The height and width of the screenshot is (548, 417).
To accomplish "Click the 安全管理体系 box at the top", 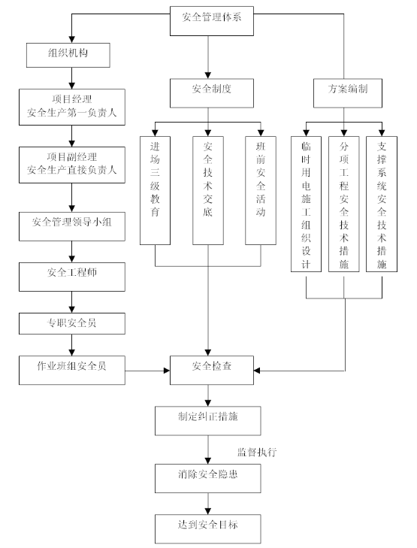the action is pos(212,21).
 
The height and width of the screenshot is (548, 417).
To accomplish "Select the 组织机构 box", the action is pos(68,55).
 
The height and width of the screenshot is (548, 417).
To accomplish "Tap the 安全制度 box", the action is pos(212,93).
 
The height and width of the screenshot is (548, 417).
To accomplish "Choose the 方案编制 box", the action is pos(348,93).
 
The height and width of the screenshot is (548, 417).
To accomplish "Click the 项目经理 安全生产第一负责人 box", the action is pos(72,107).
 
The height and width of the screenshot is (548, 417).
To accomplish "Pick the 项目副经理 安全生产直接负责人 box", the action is pos(72,165).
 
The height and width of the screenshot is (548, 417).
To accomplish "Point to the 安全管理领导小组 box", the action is pos(72,226).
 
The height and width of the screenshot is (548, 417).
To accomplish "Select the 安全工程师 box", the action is pos(72,277).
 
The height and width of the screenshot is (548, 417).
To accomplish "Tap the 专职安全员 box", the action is pos(72,324).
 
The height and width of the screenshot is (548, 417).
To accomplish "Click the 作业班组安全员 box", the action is pos(72,371).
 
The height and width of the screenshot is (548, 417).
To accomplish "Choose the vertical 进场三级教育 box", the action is pos(155,190).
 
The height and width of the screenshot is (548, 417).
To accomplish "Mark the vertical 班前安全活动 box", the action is pos(261,190).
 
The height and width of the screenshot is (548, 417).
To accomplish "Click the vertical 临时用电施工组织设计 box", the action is pos(307,204).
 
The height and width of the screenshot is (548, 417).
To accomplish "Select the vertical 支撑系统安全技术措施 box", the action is pos(382,204).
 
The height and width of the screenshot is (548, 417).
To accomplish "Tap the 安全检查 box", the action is pos(212,371).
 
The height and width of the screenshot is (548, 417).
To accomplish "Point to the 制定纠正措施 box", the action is pos(208,421).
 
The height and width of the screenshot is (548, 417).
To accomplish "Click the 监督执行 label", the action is pos(257,453).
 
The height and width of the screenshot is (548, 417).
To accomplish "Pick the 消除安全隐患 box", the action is pos(208,478).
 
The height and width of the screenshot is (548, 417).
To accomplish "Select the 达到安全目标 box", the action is pos(208,528).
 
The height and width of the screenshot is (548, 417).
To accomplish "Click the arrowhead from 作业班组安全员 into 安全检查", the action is pos(167,371).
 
